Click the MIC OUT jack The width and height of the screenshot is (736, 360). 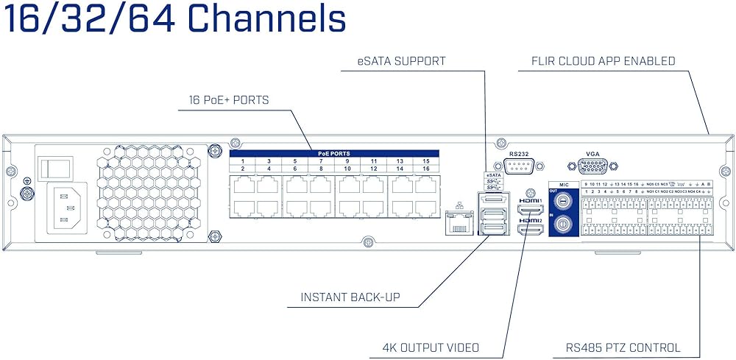pyautogui.click(x=564, y=200)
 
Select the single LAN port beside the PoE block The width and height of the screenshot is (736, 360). pyautogui.click(x=459, y=222)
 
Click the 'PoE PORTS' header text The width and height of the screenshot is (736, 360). pyautogui.click(x=333, y=154)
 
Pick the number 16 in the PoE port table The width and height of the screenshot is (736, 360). pyautogui.click(x=425, y=169)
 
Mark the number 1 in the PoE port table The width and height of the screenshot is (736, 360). pyautogui.click(x=243, y=160)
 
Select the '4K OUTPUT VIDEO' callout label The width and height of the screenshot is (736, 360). pyautogui.click(x=431, y=347)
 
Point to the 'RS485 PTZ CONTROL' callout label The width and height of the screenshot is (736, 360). pyautogui.click(x=623, y=347)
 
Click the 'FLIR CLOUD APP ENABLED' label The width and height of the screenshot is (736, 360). pyautogui.click(x=603, y=61)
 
